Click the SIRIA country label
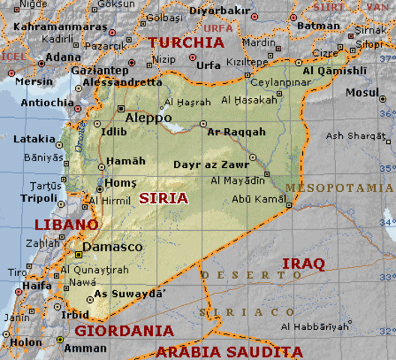point(163,198)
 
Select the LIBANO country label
point(66,224)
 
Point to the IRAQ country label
point(302,263)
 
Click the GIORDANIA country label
point(124,330)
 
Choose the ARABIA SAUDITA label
point(229,351)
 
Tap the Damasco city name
point(112,247)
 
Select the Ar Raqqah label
point(236,132)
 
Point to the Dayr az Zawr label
point(211,164)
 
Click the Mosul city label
point(362,92)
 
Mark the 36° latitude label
point(388,113)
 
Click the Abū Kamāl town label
point(257,199)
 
